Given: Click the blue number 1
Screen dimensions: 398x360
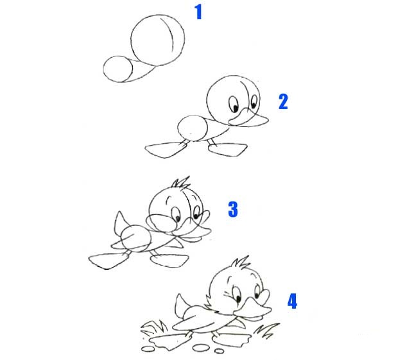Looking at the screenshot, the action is coord(198,12).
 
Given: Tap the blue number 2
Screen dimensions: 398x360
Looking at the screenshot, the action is coord(283,101).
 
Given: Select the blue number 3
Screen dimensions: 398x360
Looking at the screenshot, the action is coord(233,209).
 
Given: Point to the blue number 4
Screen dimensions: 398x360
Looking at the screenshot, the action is coord(292,301).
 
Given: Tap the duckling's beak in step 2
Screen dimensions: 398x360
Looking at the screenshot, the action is coord(248,119).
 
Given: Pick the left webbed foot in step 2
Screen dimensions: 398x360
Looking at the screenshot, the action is coord(166,150).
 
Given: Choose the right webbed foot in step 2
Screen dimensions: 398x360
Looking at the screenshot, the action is coord(227,149).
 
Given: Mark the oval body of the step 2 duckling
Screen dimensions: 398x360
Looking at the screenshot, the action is coord(193,128).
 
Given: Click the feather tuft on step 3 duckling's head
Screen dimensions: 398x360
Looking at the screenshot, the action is coord(181,182).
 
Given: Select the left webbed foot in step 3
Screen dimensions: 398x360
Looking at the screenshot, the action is coord(108,261).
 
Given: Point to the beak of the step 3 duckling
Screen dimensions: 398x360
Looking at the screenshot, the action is coord(193,228).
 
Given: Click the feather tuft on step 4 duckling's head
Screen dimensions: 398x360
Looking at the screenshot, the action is coord(241,262).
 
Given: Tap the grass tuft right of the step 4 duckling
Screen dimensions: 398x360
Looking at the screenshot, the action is coord(266,330).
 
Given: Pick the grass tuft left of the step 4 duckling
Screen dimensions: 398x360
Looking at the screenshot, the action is coord(154,327).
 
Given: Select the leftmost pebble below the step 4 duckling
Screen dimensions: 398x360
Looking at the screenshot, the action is coord(148,349).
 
